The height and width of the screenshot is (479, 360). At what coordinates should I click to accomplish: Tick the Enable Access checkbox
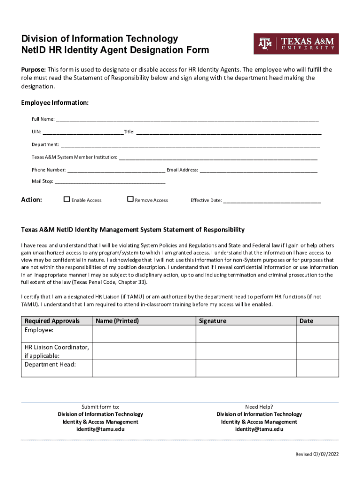click(67, 199)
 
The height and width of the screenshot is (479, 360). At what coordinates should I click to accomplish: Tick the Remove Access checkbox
click(130, 199)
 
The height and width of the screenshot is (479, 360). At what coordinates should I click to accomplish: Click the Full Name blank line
click(187, 120)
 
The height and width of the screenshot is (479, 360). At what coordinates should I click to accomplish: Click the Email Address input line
click(259, 170)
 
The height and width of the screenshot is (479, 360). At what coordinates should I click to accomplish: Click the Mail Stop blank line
click(110, 182)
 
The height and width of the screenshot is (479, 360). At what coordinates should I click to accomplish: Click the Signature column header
click(212, 321)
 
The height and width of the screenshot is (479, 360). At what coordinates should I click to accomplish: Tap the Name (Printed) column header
click(117, 321)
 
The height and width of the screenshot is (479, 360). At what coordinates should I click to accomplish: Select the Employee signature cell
click(246, 334)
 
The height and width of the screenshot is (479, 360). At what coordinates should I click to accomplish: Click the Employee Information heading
click(55, 102)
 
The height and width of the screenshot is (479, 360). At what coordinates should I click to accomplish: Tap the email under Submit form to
click(101, 429)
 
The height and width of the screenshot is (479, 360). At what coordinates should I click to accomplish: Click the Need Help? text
click(259, 406)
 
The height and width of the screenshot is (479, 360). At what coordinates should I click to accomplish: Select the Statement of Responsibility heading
click(133, 230)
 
